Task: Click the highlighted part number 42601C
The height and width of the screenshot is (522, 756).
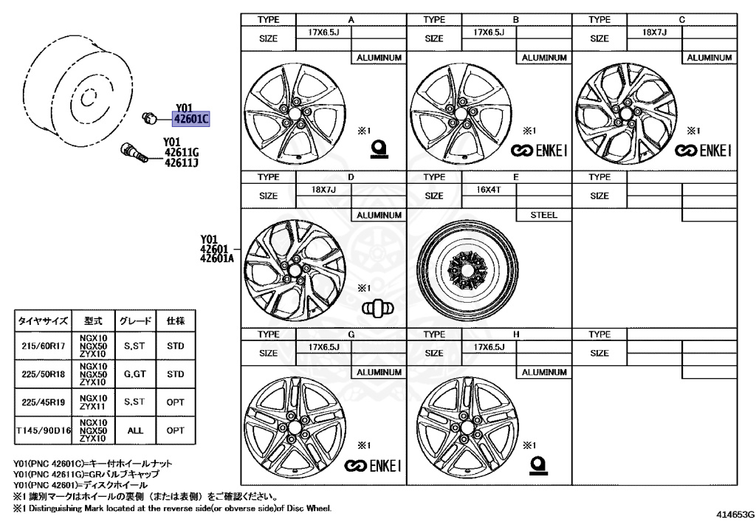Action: (x=191, y=119)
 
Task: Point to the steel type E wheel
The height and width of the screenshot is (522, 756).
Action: (x=467, y=271)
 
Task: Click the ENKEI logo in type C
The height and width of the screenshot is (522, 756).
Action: (x=703, y=151)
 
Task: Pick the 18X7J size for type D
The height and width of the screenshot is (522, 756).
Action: (x=323, y=190)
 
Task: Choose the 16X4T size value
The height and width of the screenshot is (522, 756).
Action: (x=489, y=190)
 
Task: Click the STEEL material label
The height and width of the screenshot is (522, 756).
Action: (x=544, y=215)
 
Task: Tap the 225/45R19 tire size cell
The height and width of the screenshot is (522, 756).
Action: (x=44, y=402)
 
